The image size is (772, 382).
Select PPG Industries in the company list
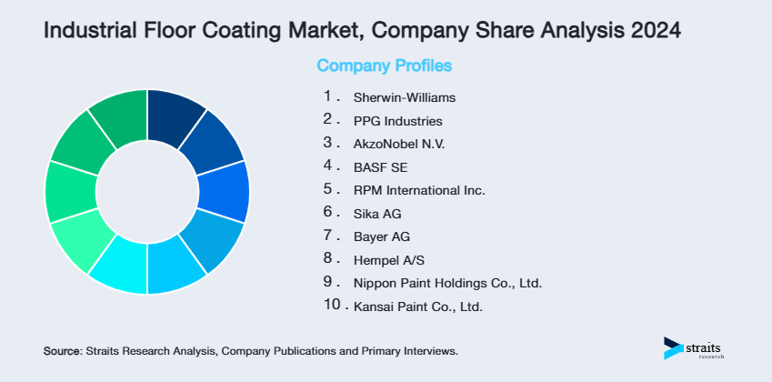click(398, 120)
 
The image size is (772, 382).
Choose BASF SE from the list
click(379, 166)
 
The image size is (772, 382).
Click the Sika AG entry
click(377, 214)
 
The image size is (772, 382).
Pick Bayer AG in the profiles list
click(382, 237)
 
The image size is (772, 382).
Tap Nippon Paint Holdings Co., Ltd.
click(448, 284)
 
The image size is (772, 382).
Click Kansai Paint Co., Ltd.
click(418, 307)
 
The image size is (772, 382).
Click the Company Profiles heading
click(384, 66)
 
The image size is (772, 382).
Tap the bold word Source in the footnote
click(62, 350)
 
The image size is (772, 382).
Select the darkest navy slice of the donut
click(175, 117)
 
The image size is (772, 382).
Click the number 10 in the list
click(332, 306)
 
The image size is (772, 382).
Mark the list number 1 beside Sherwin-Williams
click(328, 95)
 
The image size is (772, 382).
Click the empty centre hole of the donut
click(146, 191)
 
